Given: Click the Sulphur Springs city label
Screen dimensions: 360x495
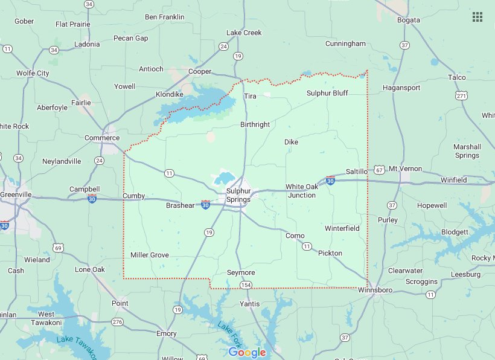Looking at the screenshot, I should (238, 195).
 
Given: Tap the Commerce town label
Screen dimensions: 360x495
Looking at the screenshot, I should (101, 138).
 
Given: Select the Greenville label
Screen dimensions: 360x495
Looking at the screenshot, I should (16, 194).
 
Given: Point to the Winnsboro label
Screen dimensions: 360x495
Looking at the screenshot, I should (375, 291).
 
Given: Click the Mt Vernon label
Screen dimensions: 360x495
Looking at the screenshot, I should (405, 169).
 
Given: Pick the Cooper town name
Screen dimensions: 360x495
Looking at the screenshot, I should (200, 71).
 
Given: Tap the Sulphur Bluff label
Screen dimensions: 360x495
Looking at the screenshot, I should (327, 93).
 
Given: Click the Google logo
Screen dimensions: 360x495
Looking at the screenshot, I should (247, 352).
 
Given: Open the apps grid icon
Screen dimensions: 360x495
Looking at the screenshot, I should (477, 16).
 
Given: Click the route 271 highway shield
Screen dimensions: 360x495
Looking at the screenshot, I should (462, 95).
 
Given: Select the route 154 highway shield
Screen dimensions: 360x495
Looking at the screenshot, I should (246, 284).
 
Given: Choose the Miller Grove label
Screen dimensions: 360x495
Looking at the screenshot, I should (150, 256).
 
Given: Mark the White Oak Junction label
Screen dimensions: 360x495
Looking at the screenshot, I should (301, 191).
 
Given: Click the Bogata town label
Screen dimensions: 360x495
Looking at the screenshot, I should (409, 21).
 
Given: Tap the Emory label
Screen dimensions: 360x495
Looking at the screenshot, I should (167, 333).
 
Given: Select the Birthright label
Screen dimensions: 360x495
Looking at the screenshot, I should (255, 124).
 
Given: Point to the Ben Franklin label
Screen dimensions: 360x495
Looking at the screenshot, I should (164, 17).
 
